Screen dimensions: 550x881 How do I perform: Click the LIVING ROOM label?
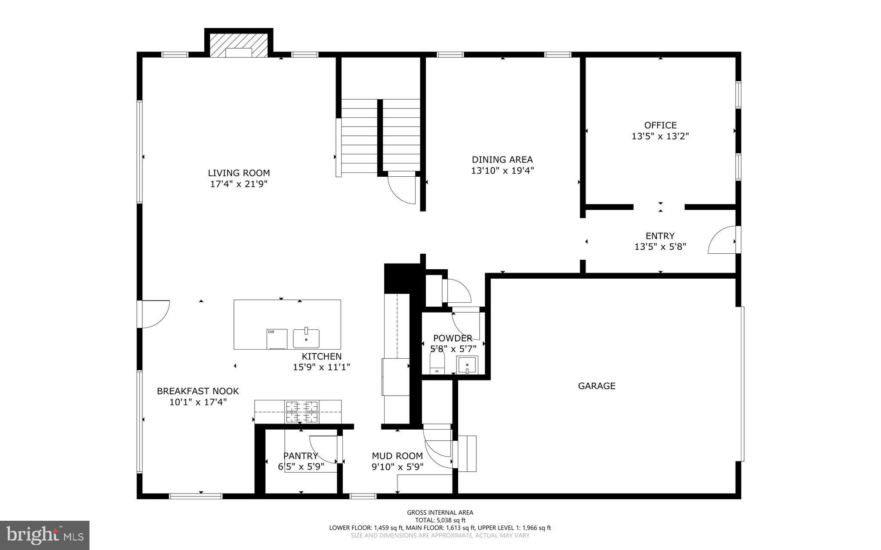click(x=239, y=173)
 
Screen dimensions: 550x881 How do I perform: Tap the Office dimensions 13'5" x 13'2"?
click(x=660, y=136)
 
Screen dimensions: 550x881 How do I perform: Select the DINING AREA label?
click(x=502, y=160)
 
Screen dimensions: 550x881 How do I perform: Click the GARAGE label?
click(x=596, y=386)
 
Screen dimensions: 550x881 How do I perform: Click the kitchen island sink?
click(x=306, y=338)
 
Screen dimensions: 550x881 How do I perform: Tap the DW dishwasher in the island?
click(x=277, y=339)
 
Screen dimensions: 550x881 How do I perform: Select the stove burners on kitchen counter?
click(x=302, y=411)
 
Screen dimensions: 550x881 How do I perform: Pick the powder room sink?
click(x=467, y=365)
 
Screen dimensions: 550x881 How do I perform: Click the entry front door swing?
click(x=722, y=241)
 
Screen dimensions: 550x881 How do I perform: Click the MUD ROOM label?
click(x=397, y=456)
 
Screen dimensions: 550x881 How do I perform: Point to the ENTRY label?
click(x=660, y=236)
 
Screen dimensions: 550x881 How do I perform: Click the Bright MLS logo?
click(x=45, y=535)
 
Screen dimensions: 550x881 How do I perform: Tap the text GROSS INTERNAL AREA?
click(x=440, y=512)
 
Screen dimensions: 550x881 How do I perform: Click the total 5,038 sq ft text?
click(x=440, y=520)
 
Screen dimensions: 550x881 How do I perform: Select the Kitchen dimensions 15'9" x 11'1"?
click(x=321, y=367)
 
